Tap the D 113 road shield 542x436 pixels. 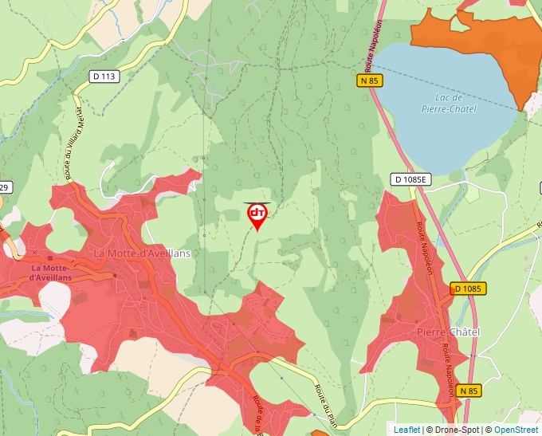coord(104,77)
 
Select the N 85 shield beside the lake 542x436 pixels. coord(370,81)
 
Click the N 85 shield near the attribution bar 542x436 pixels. coord(468,391)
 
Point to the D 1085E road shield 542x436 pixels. coord(411,179)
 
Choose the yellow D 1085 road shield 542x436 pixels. coord(468,288)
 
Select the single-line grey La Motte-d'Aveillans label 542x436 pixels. coord(143,253)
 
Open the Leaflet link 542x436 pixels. coord(406,430)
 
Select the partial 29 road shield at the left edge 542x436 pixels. coord(4,187)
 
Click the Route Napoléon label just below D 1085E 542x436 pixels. coord(423,247)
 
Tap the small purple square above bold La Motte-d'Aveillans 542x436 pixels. coord(49,257)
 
